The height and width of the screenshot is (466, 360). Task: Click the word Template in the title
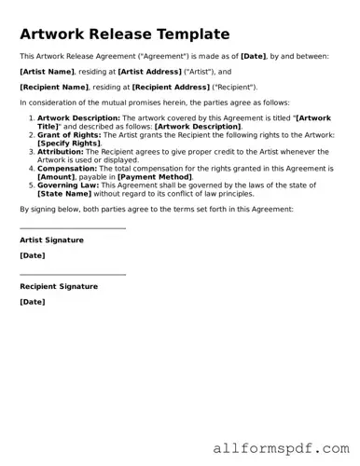183,34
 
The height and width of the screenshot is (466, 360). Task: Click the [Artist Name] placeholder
46,71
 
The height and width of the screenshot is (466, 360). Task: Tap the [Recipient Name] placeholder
54,86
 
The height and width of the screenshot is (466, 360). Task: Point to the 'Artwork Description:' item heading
79,118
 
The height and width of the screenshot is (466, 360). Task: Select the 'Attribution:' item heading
61,151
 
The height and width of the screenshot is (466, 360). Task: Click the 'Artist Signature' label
51,240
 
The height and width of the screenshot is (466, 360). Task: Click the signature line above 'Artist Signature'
73,228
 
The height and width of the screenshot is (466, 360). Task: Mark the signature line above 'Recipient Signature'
73,275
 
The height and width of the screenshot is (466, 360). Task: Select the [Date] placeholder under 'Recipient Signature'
32,302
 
